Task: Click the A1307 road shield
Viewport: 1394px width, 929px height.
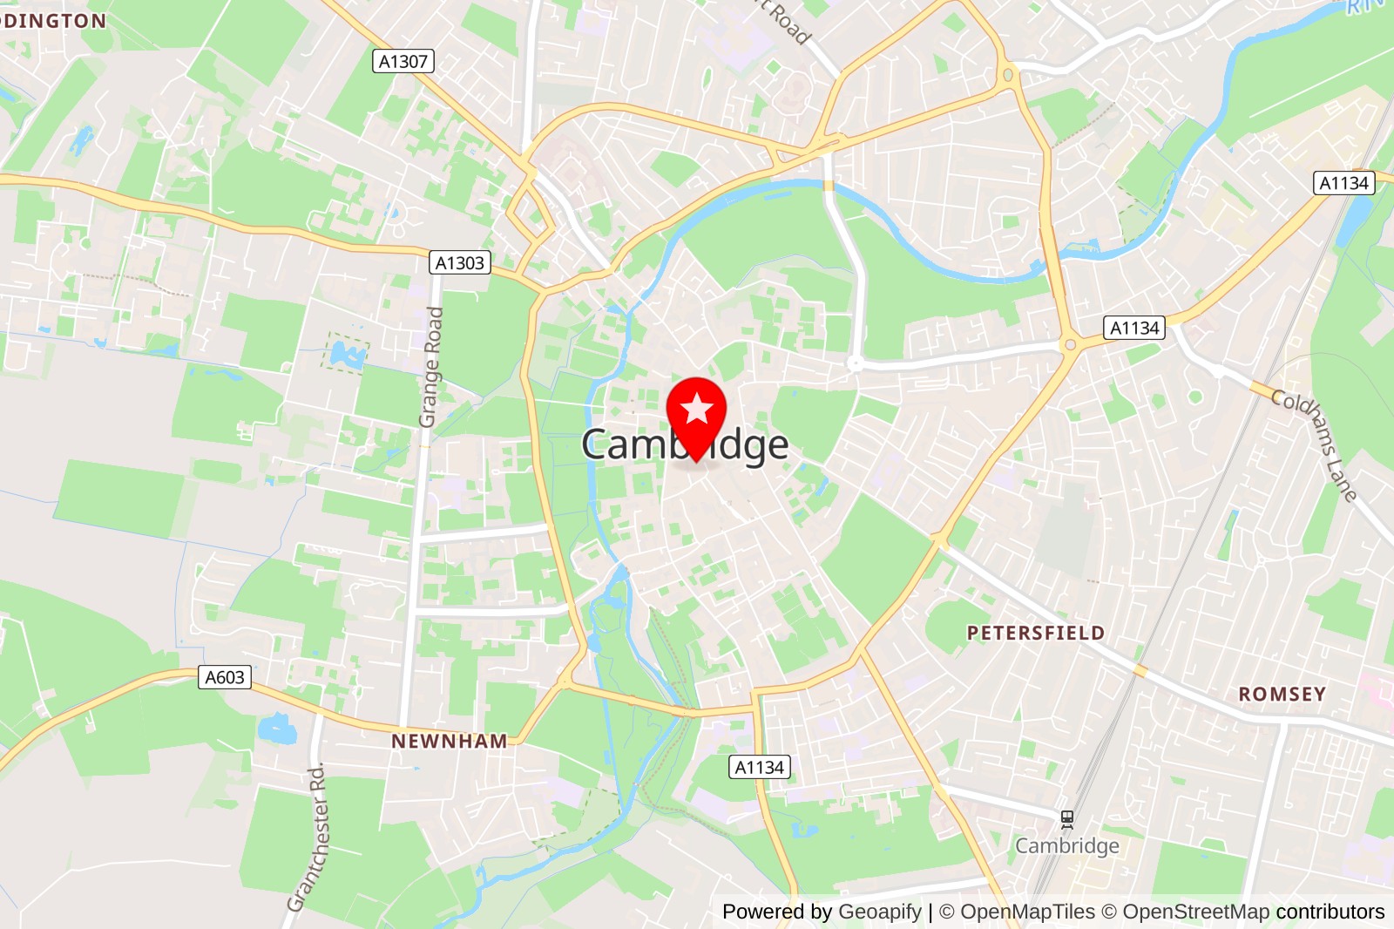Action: (403, 62)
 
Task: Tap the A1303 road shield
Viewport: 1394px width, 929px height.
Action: (460, 263)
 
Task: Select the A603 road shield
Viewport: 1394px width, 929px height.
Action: (225, 677)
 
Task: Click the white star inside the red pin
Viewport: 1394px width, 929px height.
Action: (696, 408)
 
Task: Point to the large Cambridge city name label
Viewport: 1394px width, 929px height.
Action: (685, 445)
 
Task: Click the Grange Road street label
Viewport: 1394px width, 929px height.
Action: (431, 367)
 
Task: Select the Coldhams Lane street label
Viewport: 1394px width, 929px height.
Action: (1314, 444)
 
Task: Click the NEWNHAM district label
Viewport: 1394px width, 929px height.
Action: (449, 742)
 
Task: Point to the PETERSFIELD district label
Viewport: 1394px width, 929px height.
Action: (1036, 634)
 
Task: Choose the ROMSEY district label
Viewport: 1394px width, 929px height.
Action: (1282, 695)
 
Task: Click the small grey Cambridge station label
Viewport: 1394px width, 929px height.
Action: (1067, 846)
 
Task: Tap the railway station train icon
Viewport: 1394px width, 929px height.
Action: (1067, 819)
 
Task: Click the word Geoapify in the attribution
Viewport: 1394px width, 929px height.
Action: (880, 912)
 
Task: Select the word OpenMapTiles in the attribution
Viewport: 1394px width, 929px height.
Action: (1027, 912)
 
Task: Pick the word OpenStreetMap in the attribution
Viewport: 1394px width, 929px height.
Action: (1195, 912)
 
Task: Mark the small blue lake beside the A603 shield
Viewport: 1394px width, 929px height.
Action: (277, 729)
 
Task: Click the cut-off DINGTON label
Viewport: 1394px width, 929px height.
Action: (53, 21)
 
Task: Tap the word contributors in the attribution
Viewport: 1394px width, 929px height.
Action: (1330, 912)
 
